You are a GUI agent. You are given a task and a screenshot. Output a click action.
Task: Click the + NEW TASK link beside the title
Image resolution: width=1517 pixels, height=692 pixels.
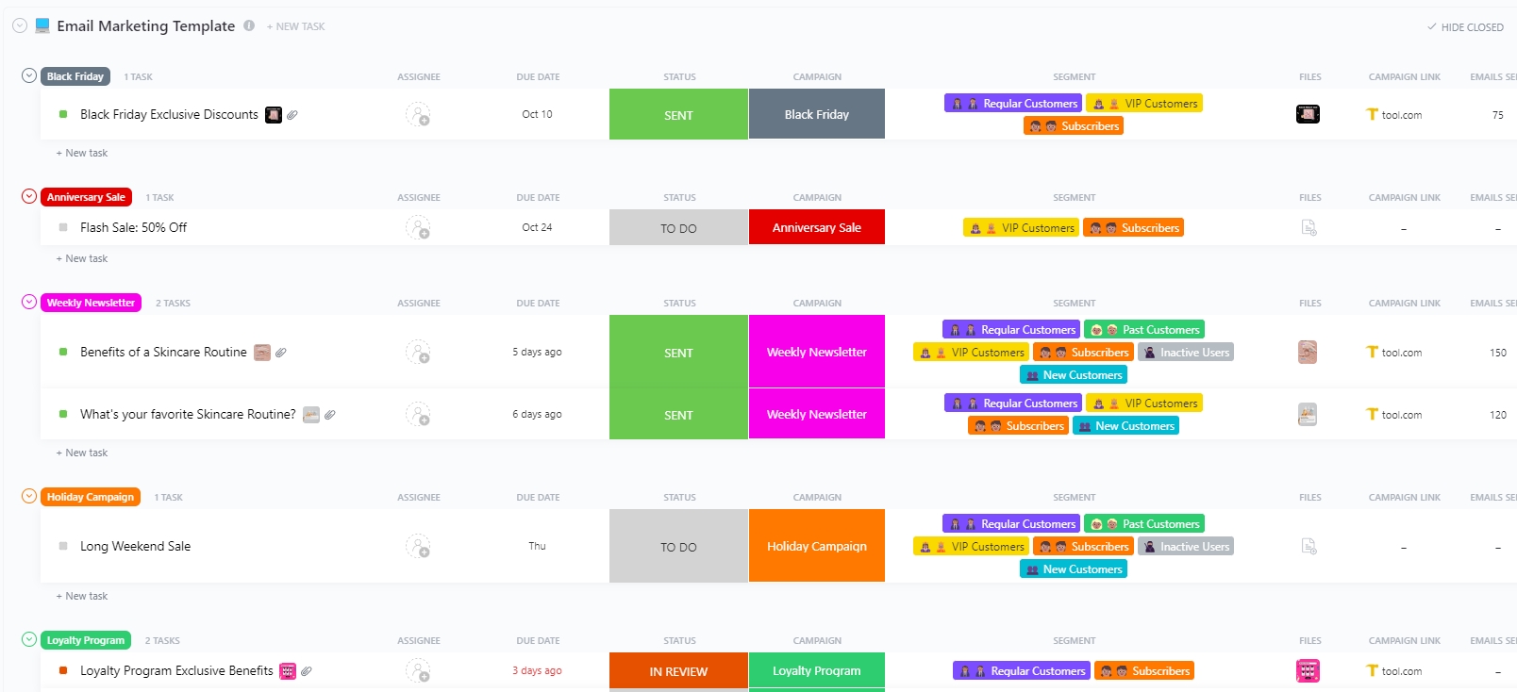point(295,27)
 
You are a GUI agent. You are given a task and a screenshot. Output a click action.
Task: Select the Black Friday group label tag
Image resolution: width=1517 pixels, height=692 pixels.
point(75,76)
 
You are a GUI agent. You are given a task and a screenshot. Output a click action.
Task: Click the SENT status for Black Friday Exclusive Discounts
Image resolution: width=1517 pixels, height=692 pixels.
point(678,115)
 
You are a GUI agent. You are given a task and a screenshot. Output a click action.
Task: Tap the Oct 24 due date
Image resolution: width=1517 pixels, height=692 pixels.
point(537,227)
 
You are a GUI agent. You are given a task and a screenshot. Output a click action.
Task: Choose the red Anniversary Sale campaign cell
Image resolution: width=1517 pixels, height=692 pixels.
point(816,227)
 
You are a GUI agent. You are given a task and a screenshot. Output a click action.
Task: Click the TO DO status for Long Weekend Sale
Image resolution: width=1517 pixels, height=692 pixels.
point(678,547)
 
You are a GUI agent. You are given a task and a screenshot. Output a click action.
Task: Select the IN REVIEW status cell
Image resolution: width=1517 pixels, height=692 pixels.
point(678,671)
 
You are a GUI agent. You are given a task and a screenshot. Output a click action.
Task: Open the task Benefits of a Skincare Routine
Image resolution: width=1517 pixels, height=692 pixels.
point(163,353)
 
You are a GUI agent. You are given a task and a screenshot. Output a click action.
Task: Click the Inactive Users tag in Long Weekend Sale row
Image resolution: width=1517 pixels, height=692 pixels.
point(1186,547)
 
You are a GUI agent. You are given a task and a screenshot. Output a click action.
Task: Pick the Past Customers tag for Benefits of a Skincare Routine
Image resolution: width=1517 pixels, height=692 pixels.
point(1144,330)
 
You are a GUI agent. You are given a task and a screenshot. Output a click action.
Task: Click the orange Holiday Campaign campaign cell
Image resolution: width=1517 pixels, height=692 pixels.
point(816,547)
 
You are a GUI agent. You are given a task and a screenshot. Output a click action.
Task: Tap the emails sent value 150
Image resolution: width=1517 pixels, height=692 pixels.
point(1497,353)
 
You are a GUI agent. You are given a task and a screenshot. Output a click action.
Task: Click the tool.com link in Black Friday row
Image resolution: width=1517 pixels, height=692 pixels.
point(1401,115)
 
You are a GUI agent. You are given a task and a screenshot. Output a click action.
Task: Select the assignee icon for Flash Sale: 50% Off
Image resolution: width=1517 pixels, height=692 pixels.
point(418,227)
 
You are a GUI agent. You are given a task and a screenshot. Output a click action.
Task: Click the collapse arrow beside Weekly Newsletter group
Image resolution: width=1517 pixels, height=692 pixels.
point(29,303)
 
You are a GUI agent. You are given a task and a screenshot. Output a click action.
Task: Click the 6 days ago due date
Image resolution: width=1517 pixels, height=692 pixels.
point(537,415)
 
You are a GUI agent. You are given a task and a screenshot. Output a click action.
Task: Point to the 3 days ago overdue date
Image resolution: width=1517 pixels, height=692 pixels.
point(537,671)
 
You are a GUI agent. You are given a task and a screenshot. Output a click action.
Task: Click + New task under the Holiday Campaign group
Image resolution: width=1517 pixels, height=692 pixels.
point(86,596)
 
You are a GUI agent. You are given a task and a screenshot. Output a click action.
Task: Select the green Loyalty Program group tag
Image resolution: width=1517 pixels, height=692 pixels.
point(86,640)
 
